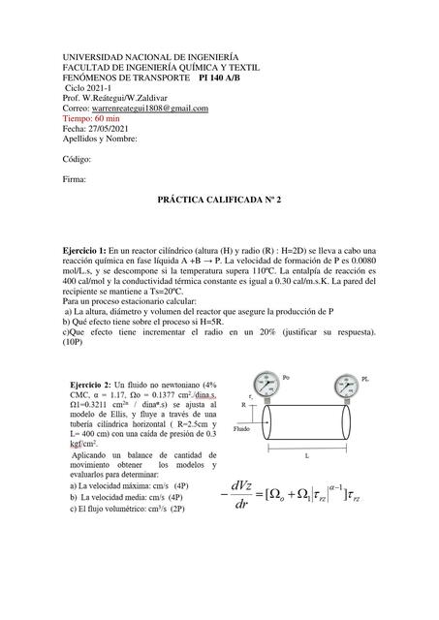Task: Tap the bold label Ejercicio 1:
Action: [92, 250]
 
